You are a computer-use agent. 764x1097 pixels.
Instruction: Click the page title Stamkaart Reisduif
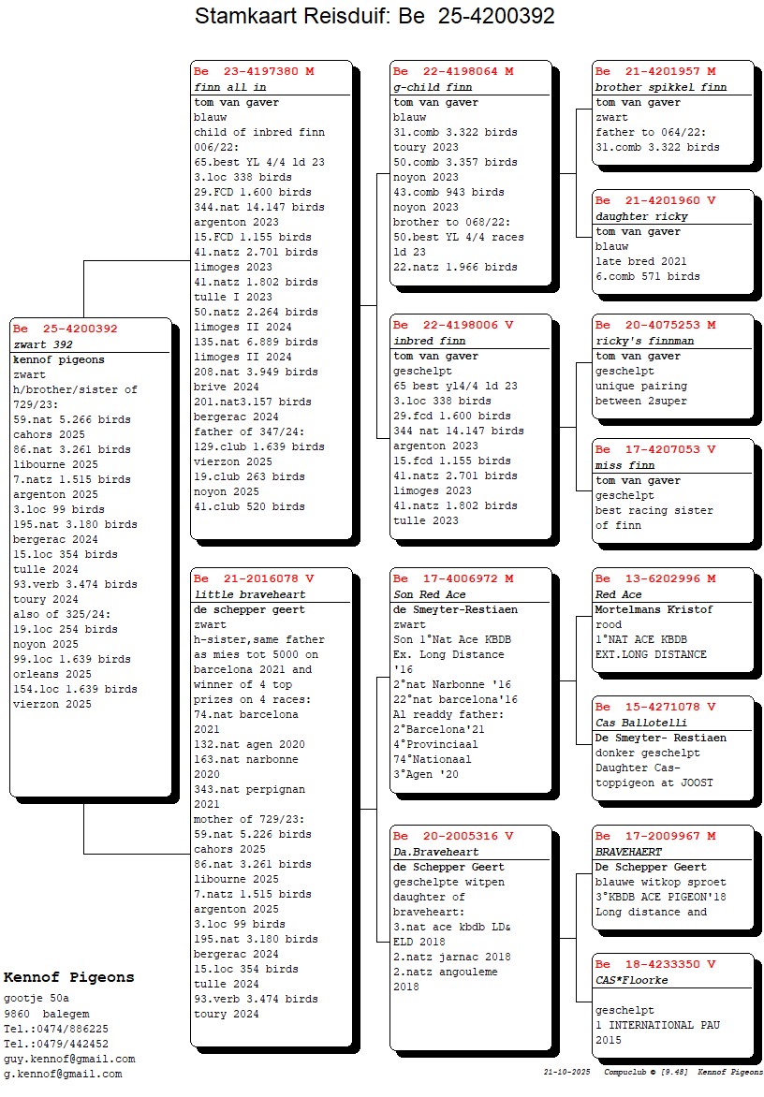pos(309,15)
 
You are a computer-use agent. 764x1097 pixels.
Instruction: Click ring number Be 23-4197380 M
pos(254,71)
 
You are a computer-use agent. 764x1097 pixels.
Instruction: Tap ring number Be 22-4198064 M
pos(453,71)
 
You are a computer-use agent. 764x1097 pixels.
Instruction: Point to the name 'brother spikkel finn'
pos(661,87)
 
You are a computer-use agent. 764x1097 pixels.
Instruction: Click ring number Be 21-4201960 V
pos(655,201)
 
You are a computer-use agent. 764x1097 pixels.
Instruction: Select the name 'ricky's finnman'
pos(645,342)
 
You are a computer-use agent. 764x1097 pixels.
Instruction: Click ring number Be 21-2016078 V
pos(254,579)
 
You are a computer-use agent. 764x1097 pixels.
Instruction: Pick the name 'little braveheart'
pos(250,595)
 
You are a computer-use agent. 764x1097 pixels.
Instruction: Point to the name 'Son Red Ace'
pos(430,595)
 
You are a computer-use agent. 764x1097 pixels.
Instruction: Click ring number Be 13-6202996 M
pos(655,579)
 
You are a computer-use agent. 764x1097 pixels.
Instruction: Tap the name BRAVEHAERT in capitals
pos(628,852)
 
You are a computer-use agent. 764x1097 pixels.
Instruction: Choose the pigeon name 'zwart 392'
pos(43,344)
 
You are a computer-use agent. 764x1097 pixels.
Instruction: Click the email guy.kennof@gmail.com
pos(69,1060)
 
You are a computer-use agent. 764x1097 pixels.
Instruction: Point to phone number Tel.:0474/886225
pos(56,1029)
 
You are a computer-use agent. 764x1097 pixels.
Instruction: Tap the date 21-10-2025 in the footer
pos(566,1072)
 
